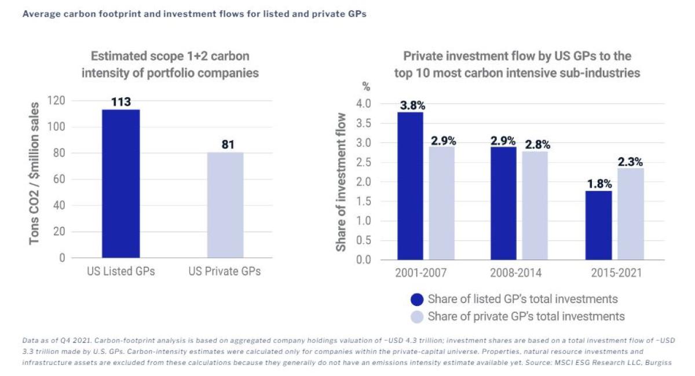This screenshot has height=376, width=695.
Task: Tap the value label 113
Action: [121, 103]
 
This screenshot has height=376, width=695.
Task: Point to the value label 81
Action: [228, 144]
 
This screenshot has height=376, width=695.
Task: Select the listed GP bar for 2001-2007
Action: [410, 185]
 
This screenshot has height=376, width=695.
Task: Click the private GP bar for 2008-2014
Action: [535, 205]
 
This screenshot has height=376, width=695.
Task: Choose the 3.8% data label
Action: [412, 105]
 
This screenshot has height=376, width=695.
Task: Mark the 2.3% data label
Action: [630, 162]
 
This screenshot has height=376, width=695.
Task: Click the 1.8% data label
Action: [599, 184]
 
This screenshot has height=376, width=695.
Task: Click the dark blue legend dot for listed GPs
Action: [417, 300]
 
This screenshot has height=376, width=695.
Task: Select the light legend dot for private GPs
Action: [417, 317]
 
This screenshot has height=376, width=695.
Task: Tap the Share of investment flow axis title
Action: [342, 182]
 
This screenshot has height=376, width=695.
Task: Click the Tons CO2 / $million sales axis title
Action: [35, 173]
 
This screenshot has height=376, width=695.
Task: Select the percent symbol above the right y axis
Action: [366, 87]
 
